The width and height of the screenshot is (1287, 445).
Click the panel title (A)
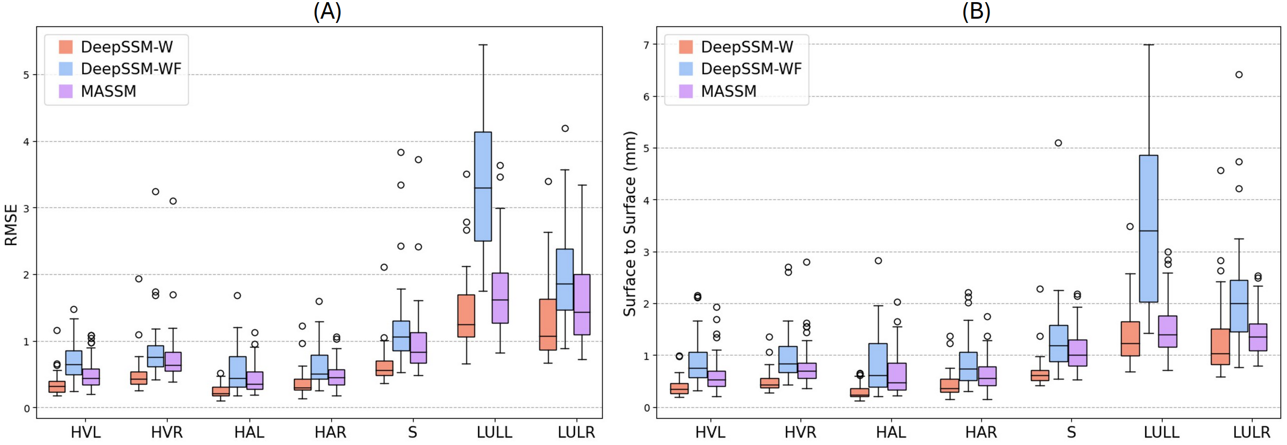327,11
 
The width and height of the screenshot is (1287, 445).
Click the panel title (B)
976,11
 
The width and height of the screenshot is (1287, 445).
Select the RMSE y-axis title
11,225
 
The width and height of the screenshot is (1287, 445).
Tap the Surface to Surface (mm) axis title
630,224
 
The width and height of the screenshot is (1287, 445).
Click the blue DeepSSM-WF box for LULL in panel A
483,186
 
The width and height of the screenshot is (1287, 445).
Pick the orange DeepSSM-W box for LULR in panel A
548,324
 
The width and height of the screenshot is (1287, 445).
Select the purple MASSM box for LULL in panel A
500,298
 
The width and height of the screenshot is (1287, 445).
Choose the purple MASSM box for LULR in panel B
1258,337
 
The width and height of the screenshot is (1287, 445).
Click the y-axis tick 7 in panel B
646,45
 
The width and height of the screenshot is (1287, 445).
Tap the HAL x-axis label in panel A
249,432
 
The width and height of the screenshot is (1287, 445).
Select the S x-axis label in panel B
1071,432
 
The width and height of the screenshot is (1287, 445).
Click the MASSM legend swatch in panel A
66,91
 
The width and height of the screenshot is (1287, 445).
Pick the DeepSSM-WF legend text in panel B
751,69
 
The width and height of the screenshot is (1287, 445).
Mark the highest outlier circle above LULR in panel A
565,128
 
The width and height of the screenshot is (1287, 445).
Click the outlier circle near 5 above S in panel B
1058,143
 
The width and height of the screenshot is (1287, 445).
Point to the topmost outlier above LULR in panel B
1239,75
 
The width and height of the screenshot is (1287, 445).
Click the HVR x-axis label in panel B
800,432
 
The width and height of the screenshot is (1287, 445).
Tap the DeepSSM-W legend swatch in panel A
66,47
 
